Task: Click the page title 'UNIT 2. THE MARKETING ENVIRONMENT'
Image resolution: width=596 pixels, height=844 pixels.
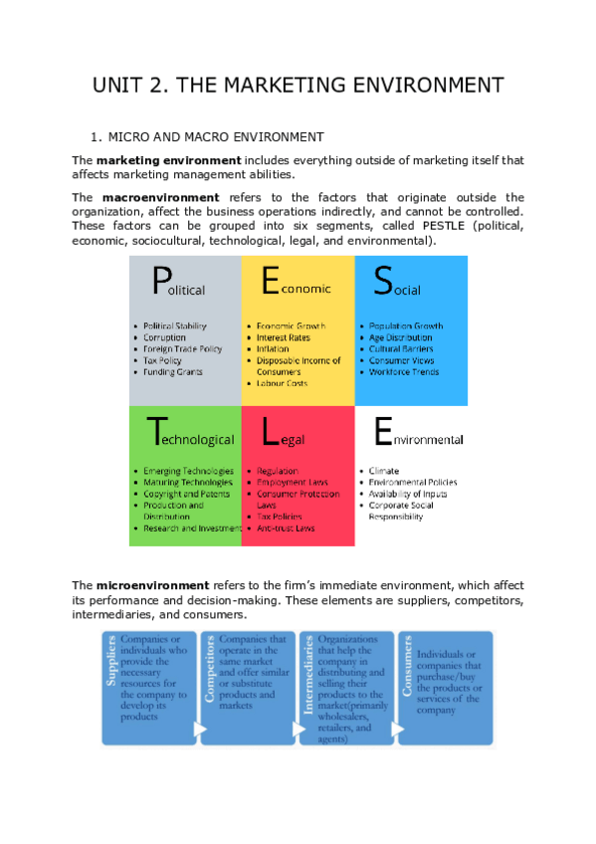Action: [298, 85]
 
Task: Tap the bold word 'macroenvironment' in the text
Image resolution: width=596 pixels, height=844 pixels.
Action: [160, 198]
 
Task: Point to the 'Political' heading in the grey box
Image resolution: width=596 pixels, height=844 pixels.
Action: [179, 286]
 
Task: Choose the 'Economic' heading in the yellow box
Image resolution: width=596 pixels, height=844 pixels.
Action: [297, 286]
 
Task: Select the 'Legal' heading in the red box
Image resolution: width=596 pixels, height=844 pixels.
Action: [284, 435]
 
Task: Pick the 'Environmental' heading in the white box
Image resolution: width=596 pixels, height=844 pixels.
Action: [418, 435]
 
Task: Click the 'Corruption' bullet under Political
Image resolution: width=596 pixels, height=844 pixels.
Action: [164, 337]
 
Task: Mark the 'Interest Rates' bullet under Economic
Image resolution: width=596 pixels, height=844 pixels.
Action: [283, 337]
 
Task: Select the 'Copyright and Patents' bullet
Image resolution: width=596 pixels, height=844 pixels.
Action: [187, 494]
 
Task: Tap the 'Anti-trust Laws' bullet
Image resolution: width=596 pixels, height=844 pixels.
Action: [286, 527]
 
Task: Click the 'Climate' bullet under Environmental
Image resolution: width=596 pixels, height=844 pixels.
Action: [383, 471]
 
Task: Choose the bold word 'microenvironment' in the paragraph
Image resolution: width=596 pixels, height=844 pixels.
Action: [152, 585]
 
